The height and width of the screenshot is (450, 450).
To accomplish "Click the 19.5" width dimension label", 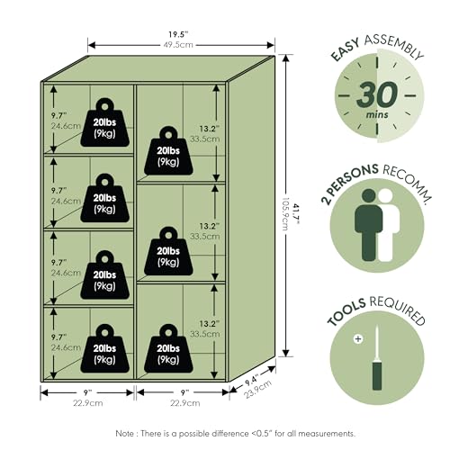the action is tap(178, 34).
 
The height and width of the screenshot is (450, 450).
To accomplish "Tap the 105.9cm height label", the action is tap(285, 214).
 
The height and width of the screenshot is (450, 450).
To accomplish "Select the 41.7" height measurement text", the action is tap(296, 214).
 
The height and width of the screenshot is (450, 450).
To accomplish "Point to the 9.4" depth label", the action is tap(251, 381).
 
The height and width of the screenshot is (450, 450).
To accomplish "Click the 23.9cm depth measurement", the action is tap(258, 390).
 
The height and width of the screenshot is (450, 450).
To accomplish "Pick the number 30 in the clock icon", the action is tap(377, 94).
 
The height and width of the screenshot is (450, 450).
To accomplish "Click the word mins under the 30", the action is tap(377, 114).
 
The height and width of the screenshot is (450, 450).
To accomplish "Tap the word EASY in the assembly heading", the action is tap(345, 50).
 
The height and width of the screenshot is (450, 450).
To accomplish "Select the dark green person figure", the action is tap(368, 225).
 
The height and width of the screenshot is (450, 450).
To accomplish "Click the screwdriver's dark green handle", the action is tap(377, 375).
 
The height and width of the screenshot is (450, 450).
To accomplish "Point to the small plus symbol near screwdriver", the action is tap(358, 339).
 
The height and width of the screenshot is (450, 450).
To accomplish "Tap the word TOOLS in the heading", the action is tap(346, 312).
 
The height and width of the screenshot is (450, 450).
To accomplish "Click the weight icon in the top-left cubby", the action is tap(105, 122).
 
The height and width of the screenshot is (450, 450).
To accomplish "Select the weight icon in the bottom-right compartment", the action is tap(168, 348).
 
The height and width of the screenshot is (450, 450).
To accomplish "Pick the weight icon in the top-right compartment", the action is tap(168, 150).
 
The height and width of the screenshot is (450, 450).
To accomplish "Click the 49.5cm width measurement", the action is tap(178, 45).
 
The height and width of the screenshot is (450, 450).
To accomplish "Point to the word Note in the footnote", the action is tap(124, 434).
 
